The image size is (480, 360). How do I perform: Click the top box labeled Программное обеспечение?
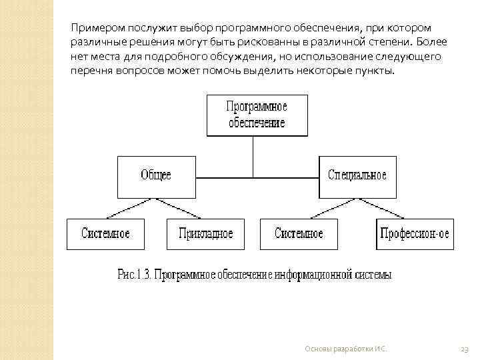[257, 115]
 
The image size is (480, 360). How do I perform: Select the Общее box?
[157, 176]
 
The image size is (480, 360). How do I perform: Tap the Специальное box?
[357, 176]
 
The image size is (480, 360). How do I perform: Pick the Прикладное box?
[205, 234]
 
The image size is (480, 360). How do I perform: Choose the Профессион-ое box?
[415, 234]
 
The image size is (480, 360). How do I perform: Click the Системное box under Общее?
[105, 234]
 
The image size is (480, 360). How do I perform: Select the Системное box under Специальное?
[299, 234]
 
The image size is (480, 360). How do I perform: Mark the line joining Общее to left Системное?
[131, 208]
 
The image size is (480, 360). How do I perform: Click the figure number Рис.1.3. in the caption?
[135, 275]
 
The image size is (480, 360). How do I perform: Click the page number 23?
[465, 349]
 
